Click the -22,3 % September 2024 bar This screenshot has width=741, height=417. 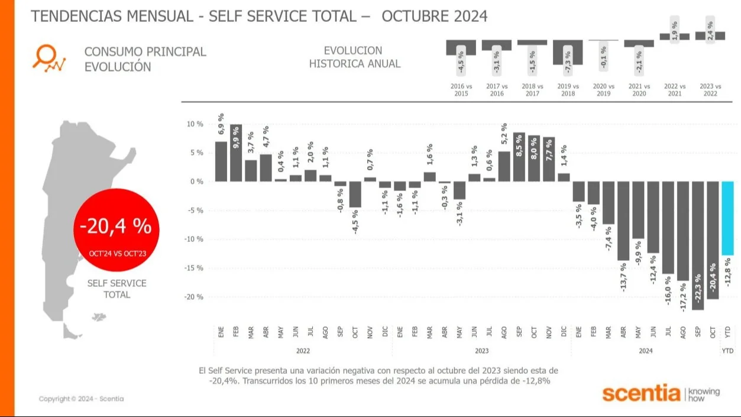pos(698,245)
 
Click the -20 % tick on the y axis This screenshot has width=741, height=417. pos(194,297)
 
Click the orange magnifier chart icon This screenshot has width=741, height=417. pos(48,59)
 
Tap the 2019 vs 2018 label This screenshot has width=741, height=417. pos(568,90)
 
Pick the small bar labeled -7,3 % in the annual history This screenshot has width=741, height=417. pos(568,52)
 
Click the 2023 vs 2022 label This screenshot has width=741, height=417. pos(710,90)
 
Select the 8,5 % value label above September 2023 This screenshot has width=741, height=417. pos(519,144)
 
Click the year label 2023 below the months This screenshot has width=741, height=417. pos(481,351)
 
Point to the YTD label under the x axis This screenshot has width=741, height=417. pos(727,351)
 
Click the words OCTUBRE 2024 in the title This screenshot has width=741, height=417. pos(435,16)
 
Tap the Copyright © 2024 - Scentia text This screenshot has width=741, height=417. pos(81,399)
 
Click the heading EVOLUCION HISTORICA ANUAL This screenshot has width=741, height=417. pos(354,57)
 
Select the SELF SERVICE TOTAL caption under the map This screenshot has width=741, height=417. pos(117,289)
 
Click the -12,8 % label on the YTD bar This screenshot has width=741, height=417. pos(727,278)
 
